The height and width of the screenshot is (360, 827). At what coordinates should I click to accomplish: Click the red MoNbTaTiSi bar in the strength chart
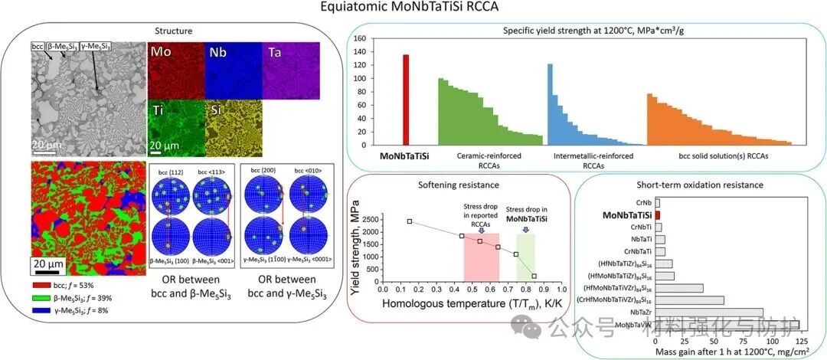[x=407, y=100]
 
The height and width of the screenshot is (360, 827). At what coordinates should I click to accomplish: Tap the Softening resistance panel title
[x=459, y=185]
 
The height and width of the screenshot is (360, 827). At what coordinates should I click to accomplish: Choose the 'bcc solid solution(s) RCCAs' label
[x=724, y=156]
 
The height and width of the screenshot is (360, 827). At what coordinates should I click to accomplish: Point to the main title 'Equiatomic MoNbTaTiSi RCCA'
[x=414, y=9]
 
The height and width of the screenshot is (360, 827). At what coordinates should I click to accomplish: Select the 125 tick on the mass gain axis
[x=799, y=342]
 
